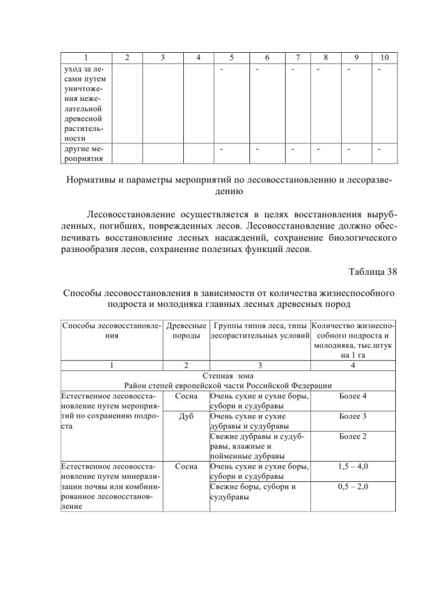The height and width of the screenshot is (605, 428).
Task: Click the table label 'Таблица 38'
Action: pos(372,271)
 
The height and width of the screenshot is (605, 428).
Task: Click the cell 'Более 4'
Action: pos(352,396)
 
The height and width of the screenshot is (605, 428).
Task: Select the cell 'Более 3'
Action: pos(352,416)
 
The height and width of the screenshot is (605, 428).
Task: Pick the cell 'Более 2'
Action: pos(352,436)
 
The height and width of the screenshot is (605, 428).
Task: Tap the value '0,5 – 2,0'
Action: pos(352,486)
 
